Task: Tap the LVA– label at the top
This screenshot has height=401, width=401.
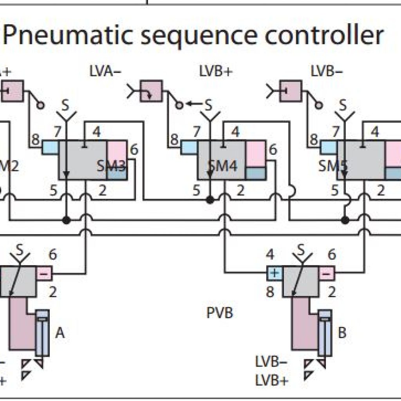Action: [x=105, y=72]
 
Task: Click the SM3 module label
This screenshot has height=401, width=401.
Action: [x=111, y=167]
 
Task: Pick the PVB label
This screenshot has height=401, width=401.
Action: [x=220, y=313]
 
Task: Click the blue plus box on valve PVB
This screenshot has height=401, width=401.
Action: [x=275, y=273]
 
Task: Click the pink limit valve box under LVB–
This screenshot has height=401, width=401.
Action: [x=291, y=91]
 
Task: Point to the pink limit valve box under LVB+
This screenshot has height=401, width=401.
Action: [x=151, y=91]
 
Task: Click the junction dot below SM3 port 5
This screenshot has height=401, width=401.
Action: [x=67, y=220]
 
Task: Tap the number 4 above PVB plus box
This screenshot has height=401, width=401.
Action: [x=270, y=255]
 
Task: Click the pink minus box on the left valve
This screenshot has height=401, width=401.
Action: [x=44, y=273]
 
